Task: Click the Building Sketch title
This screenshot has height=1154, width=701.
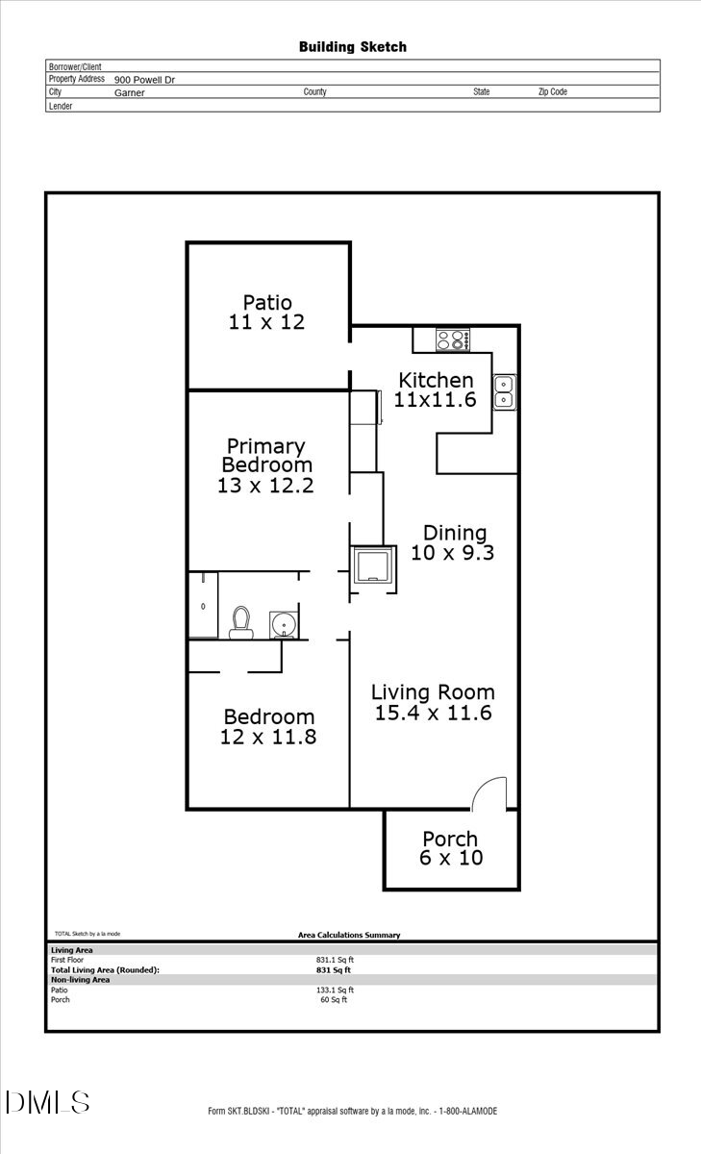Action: [x=352, y=46]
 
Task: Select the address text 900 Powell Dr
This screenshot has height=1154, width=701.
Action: [x=144, y=81]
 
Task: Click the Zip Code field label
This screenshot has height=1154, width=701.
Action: [x=552, y=92]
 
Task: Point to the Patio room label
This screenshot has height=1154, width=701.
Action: [x=266, y=303]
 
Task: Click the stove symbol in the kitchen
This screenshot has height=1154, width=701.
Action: [x=452, y=339]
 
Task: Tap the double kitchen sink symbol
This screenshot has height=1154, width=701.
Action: [x=505, y=391]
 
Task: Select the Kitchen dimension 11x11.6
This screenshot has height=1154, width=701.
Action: [x=436, y=400]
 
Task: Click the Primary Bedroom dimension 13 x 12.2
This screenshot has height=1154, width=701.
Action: [x=265, y=486]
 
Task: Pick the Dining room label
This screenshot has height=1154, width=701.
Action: [x=455, y=533]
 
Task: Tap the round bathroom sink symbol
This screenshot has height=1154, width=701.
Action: [x=284, y=626]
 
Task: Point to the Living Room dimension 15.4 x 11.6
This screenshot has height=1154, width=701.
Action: [x=433, y=713]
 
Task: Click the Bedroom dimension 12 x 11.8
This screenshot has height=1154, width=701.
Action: [x=268, y=738]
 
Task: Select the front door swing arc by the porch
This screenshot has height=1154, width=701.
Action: [x=489, y=792]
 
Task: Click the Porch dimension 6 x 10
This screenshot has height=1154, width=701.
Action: [x=450, y=858]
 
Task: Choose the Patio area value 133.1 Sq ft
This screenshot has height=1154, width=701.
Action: [x=335, y=990]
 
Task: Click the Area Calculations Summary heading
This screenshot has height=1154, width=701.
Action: [x=349, y=935]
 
